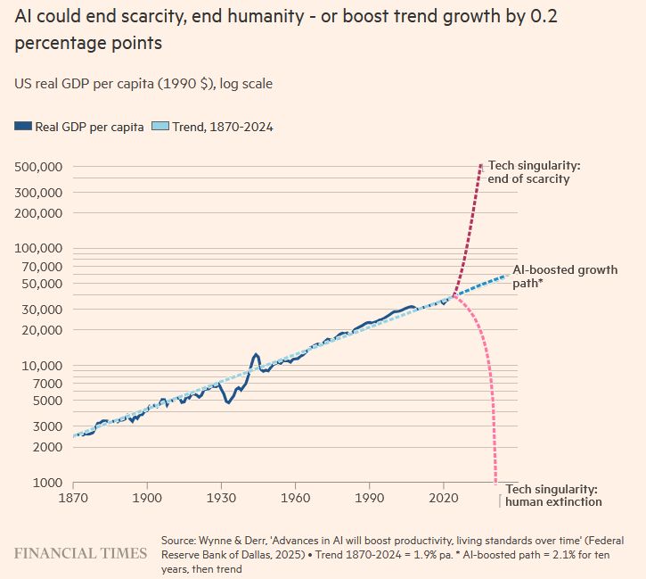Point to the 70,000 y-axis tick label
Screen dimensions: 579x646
(39, 266)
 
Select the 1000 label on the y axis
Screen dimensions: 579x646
(47, 483)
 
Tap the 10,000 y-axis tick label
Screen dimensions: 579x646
(39, 365)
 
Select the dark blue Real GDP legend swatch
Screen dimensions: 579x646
(23, 127)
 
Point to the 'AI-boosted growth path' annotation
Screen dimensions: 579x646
(565, 276)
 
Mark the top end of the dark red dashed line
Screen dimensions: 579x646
(481, 165)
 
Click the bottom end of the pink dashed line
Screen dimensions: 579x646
(495, 482)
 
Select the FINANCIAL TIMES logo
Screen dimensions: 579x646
(80, 553)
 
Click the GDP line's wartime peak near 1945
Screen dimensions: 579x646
(256, 355)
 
